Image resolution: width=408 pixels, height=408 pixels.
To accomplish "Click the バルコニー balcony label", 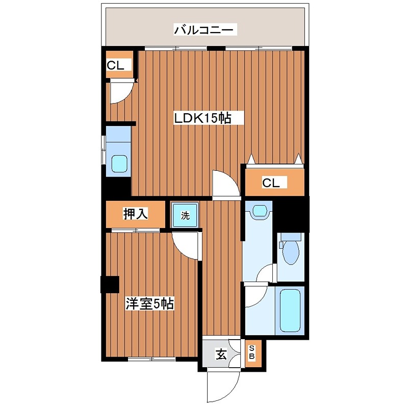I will [x=205, y=30].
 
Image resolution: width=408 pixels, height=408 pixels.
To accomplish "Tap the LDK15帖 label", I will [x=203, y=118].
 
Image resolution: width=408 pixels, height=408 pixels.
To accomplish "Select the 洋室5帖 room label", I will [x=150, y=304].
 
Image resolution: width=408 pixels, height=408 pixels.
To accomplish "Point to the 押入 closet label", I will [x=135, y=215].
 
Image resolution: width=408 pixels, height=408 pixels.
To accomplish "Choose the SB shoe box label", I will [x=251, y=353].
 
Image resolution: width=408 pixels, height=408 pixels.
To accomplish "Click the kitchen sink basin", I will [x=119, y=164].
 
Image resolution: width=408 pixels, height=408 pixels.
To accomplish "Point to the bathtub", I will [x=291, y=310].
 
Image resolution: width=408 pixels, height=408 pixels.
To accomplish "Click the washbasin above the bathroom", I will [x=259, y=211].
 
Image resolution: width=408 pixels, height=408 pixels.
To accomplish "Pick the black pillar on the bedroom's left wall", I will [x=109, y=284].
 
